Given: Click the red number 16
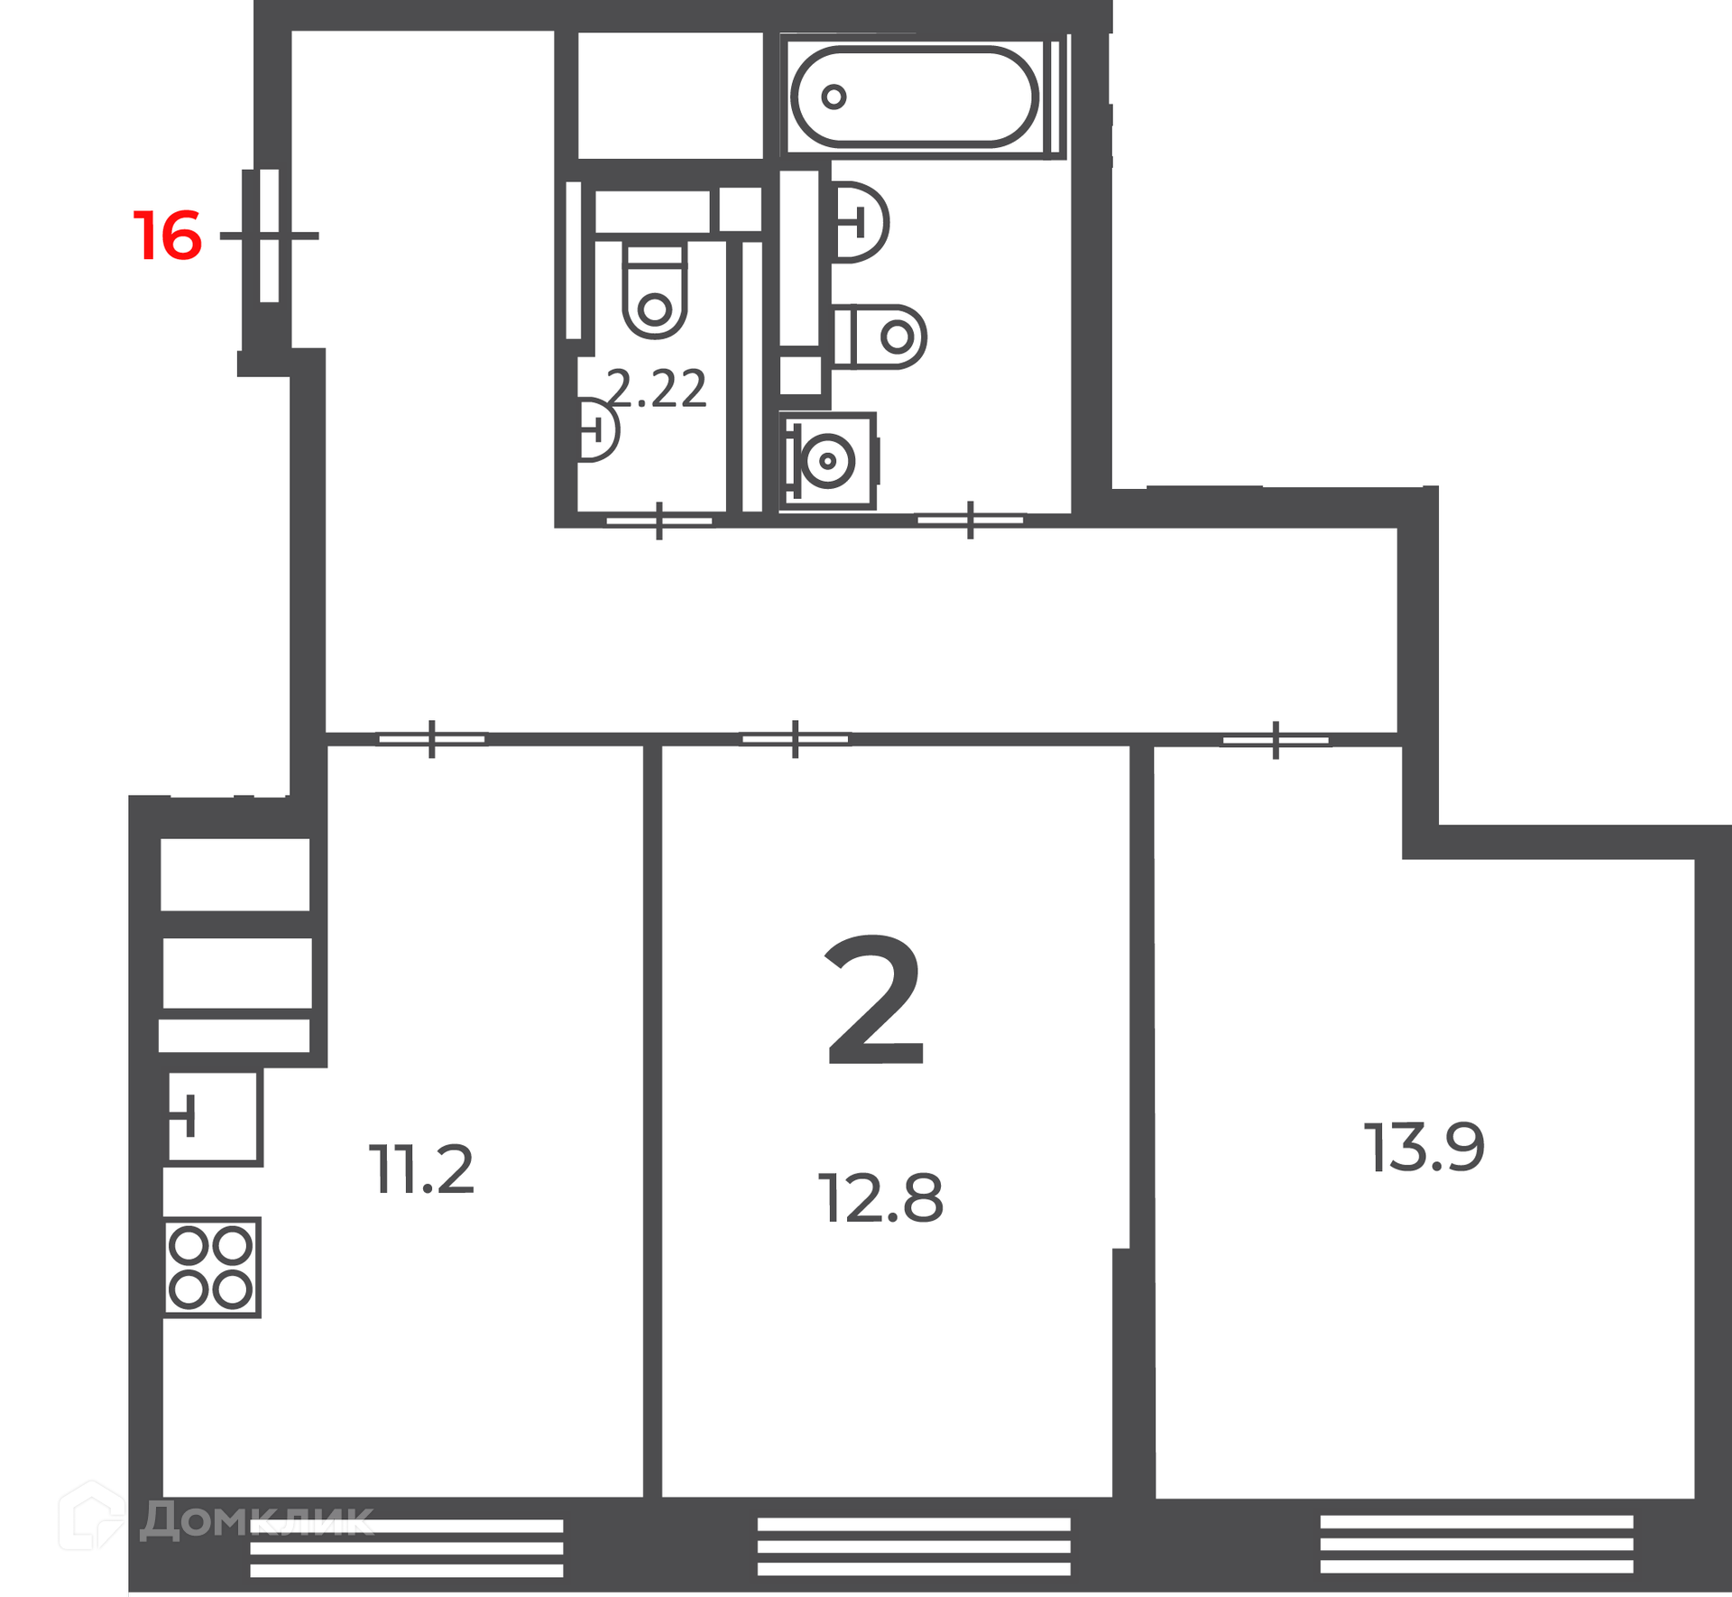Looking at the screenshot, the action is [x=168, y=235].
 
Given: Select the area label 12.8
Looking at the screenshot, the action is [x=880, y=1197].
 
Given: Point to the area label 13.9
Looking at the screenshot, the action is [x=1423, y=1147].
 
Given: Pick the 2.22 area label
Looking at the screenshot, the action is [x=657, y=389].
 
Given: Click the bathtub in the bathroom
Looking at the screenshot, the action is [x=915, y=97].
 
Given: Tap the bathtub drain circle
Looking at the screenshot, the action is [x=834, y=97].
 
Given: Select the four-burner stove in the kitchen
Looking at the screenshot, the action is [x=212, y=1267].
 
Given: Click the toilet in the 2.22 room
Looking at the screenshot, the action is [x=655, y=289].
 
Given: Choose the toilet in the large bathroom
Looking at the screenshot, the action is [x=880, y=337].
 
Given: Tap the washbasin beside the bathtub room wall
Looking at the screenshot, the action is [x=860, y=222].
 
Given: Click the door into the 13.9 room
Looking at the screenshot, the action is [x=1276, y=740].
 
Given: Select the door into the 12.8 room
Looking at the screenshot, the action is [x=795, y=739].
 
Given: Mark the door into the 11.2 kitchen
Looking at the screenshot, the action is [x=432, y=739].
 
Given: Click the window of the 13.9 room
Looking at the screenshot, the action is [x=1477, y=1545].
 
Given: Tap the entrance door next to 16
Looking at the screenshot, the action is [x=269, y=235].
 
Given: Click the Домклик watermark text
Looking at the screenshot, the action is [x=255, y=1520].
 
